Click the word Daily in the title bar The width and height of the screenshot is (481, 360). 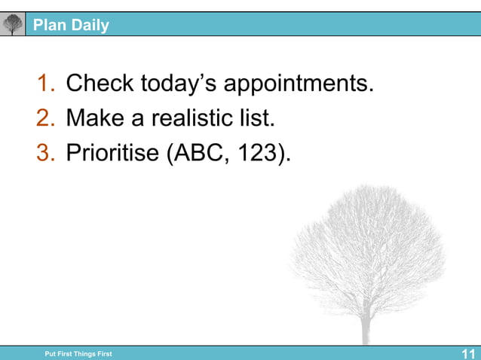(x=90, y=26)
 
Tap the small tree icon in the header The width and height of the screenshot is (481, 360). (x=13, y=25)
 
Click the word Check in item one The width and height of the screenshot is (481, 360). (x=100, y=84)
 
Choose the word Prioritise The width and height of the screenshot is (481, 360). (x=112, y=153)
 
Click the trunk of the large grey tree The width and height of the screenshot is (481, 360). (x=366, y=328)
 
